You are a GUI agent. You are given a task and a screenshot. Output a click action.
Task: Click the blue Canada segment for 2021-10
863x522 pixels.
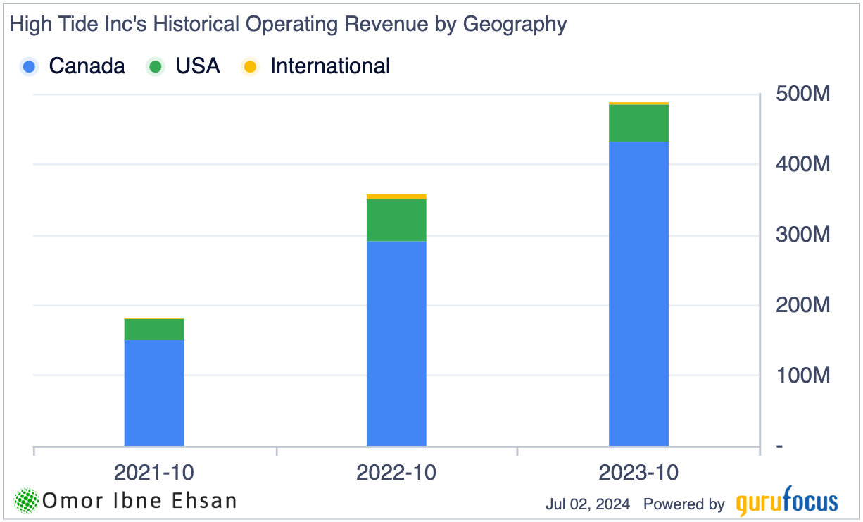[x=154, y=392]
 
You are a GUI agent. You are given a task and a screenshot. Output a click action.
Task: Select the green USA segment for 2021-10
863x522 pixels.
[x=154, y=330]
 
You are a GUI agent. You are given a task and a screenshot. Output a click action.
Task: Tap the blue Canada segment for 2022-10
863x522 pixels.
[x=396, y=343]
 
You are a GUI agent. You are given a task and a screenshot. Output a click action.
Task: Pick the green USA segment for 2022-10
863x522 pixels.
[x=396, y=220]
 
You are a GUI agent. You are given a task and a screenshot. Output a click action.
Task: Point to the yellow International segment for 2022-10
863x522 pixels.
[x=396, y=197]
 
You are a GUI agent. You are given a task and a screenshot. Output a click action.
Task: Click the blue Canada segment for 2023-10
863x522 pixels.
[x=638, y=294]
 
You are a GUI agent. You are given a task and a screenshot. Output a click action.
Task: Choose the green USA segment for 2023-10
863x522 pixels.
[x=638, y=123]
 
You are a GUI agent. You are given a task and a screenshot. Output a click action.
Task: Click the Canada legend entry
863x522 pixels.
[x=73, y=66]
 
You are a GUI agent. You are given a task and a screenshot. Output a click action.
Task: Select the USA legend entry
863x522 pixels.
[x=184, y=66]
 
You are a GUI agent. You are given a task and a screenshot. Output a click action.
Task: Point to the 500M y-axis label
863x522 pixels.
[x=803, y=94]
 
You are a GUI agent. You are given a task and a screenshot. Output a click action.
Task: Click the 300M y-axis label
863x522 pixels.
[x=803, y=235]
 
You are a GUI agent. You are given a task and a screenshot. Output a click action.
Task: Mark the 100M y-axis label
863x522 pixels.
[x=803, y=375]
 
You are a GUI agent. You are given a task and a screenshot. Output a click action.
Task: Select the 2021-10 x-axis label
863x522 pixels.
[x=154, y=472]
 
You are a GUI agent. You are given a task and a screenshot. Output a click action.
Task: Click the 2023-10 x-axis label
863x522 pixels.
[x=638, y=472]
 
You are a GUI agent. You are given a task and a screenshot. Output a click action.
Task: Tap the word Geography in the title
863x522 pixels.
[x=515, y=25]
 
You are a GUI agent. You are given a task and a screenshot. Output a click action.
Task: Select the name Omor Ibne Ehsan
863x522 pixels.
[x=139, y=501]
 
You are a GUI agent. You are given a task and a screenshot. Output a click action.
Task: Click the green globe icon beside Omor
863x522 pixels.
[x=27, y=501]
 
